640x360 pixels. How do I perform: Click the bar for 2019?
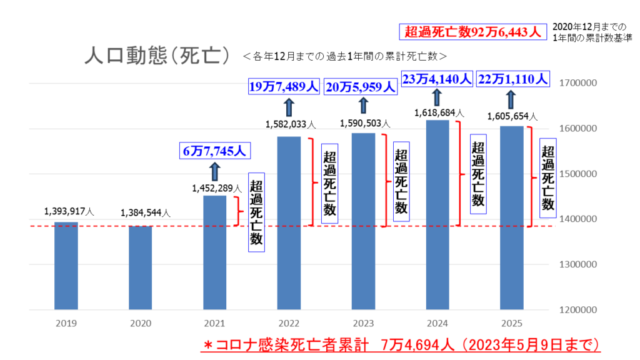pyautogui.click(x=66, y=265)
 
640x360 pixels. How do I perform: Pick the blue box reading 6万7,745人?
pyautogui.click(x=214, y=151)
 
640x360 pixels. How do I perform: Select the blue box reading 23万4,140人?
pyautogui.click(x=436, y=79)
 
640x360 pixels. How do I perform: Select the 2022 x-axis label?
pyautogui.click(x=289, y=324)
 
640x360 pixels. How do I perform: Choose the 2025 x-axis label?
pyautogui.click(x=511, y=324)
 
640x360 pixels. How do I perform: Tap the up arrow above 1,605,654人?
pyautogui.click(x=511, y=99)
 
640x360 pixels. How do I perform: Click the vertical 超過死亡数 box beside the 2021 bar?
pyautogui.click(x=256, y=212)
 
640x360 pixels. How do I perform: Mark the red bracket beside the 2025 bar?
pyautogui.click(x=531, y=177)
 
